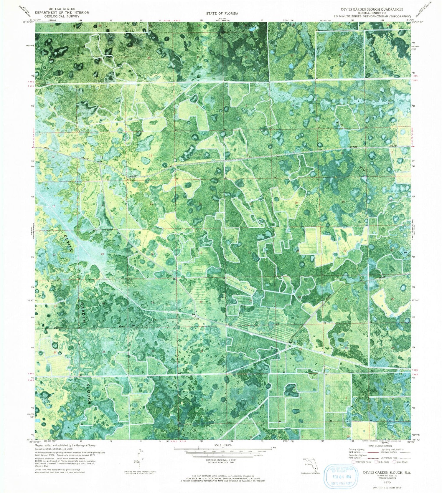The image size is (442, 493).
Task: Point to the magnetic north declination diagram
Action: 141,461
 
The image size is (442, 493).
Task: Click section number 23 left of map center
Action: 103,254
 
